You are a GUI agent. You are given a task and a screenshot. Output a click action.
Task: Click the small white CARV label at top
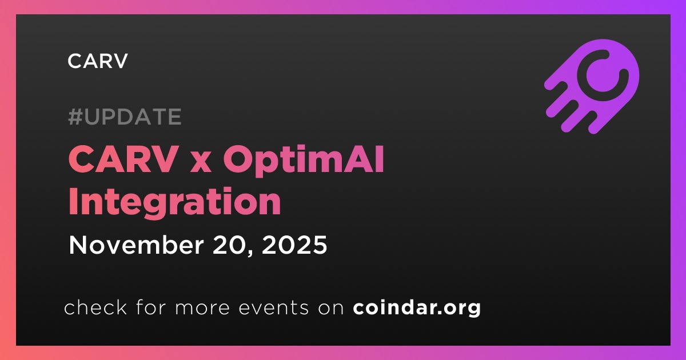[x=97, y=61]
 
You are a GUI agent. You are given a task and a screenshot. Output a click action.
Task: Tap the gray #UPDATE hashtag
[x=125, y=117]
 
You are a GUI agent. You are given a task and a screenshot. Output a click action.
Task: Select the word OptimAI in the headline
[x=304, y=161]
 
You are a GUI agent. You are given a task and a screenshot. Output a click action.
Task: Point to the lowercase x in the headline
[x=201, y=163]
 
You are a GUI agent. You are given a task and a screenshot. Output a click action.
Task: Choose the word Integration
[x=174, y=203]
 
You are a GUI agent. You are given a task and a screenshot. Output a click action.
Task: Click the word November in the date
[x=136, y=245]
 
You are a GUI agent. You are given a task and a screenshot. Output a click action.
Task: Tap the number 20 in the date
[x=232, y=245]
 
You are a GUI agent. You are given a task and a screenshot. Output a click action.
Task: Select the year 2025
[x=294, y=245]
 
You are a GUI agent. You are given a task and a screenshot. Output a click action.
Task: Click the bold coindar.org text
[x=417, y=308]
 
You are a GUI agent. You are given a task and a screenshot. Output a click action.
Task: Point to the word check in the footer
[x=95, y=307]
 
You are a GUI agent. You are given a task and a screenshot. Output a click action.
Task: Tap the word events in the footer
[x=273, y=307]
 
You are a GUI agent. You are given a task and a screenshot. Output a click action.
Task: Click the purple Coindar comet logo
[x=592, y=86]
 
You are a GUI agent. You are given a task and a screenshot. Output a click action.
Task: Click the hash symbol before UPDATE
[x=75, y=117]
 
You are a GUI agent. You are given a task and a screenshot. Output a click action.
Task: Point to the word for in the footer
[x=151, y=307]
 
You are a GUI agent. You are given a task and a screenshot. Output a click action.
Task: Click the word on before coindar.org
[x=331, y=309]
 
